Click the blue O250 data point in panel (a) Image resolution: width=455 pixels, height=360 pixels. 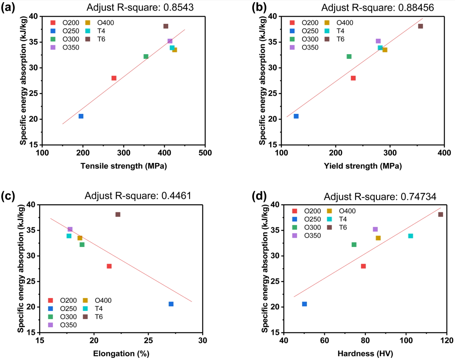click(81, 116)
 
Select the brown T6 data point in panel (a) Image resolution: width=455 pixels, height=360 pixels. click(166, 26)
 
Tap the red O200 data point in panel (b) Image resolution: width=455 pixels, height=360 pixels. click(353, 78)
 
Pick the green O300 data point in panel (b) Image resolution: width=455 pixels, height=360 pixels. click(349, 56)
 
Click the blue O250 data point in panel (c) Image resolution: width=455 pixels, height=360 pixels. click(171, 304)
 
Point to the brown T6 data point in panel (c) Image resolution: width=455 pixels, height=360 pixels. click(118, 215)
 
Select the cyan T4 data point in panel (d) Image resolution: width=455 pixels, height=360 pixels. click(411, 236)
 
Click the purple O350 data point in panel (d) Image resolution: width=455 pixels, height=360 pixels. click(375, 229)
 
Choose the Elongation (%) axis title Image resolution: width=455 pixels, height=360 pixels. click(121, 354)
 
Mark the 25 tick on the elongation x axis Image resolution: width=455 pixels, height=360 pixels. click(148, 340)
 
